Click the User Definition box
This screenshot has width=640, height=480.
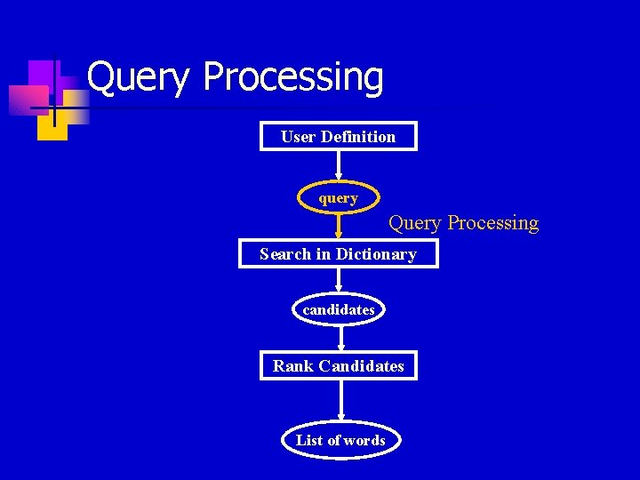[x=338, y=136]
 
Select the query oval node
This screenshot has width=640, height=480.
[x=338, y=197]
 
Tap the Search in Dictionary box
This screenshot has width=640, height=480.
[x=338, y=253]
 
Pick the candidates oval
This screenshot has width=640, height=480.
[x=338, y=309]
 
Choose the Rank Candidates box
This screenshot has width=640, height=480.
[x=338, y=365]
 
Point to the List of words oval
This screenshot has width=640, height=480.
[x=340, y=440]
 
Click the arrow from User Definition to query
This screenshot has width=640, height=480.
[x=338, y=166]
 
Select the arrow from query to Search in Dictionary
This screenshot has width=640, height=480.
[x=338, y=226]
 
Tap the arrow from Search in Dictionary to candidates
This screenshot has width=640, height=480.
[x=338, y=280]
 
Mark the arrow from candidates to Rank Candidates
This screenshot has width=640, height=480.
[x=340, y=339]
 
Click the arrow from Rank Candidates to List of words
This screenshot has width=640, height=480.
[x=340, y=402]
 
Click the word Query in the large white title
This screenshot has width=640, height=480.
[x=139, y=78]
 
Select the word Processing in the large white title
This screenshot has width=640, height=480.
[x=293, y=78]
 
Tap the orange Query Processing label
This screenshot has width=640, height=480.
[x=463, y=222]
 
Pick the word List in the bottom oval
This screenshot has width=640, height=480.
[x=309, y=440]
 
